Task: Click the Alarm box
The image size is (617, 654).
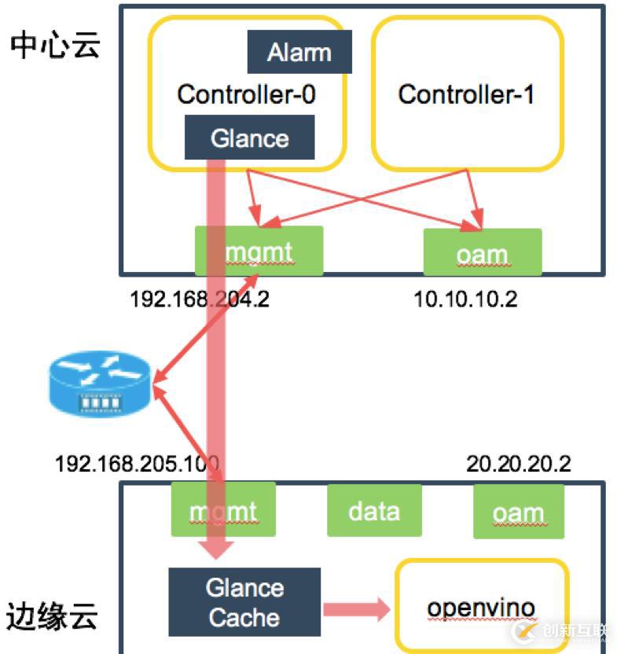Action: click(299, 53)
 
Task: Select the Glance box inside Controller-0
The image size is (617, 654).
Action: click(249, 138)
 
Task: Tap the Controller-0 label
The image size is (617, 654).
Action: click(246, 95)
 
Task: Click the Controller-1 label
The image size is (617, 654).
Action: click(466, 95)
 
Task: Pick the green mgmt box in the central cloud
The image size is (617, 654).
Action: click(259, 251)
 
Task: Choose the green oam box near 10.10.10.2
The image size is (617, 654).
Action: click(482, 252)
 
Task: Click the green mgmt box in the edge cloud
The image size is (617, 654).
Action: click(223, 511)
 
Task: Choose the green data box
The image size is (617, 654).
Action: click(374, 511)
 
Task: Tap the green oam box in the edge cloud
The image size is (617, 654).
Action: click(518, 513)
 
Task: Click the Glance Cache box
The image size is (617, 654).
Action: click(244, 603)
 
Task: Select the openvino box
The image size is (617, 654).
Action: click(481, 608)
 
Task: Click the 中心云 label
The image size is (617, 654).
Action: click(55, 46)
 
